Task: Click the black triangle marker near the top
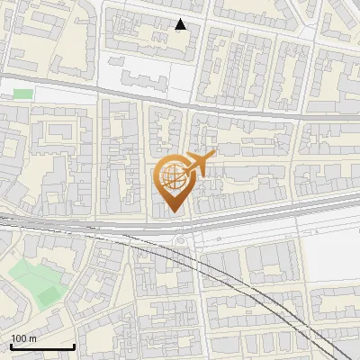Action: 181,24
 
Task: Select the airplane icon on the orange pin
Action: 199,164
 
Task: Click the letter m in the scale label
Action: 33,338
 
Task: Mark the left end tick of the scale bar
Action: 11,345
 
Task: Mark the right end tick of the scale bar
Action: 74,345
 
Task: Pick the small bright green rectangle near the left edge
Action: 22,94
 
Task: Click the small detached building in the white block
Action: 115,62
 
